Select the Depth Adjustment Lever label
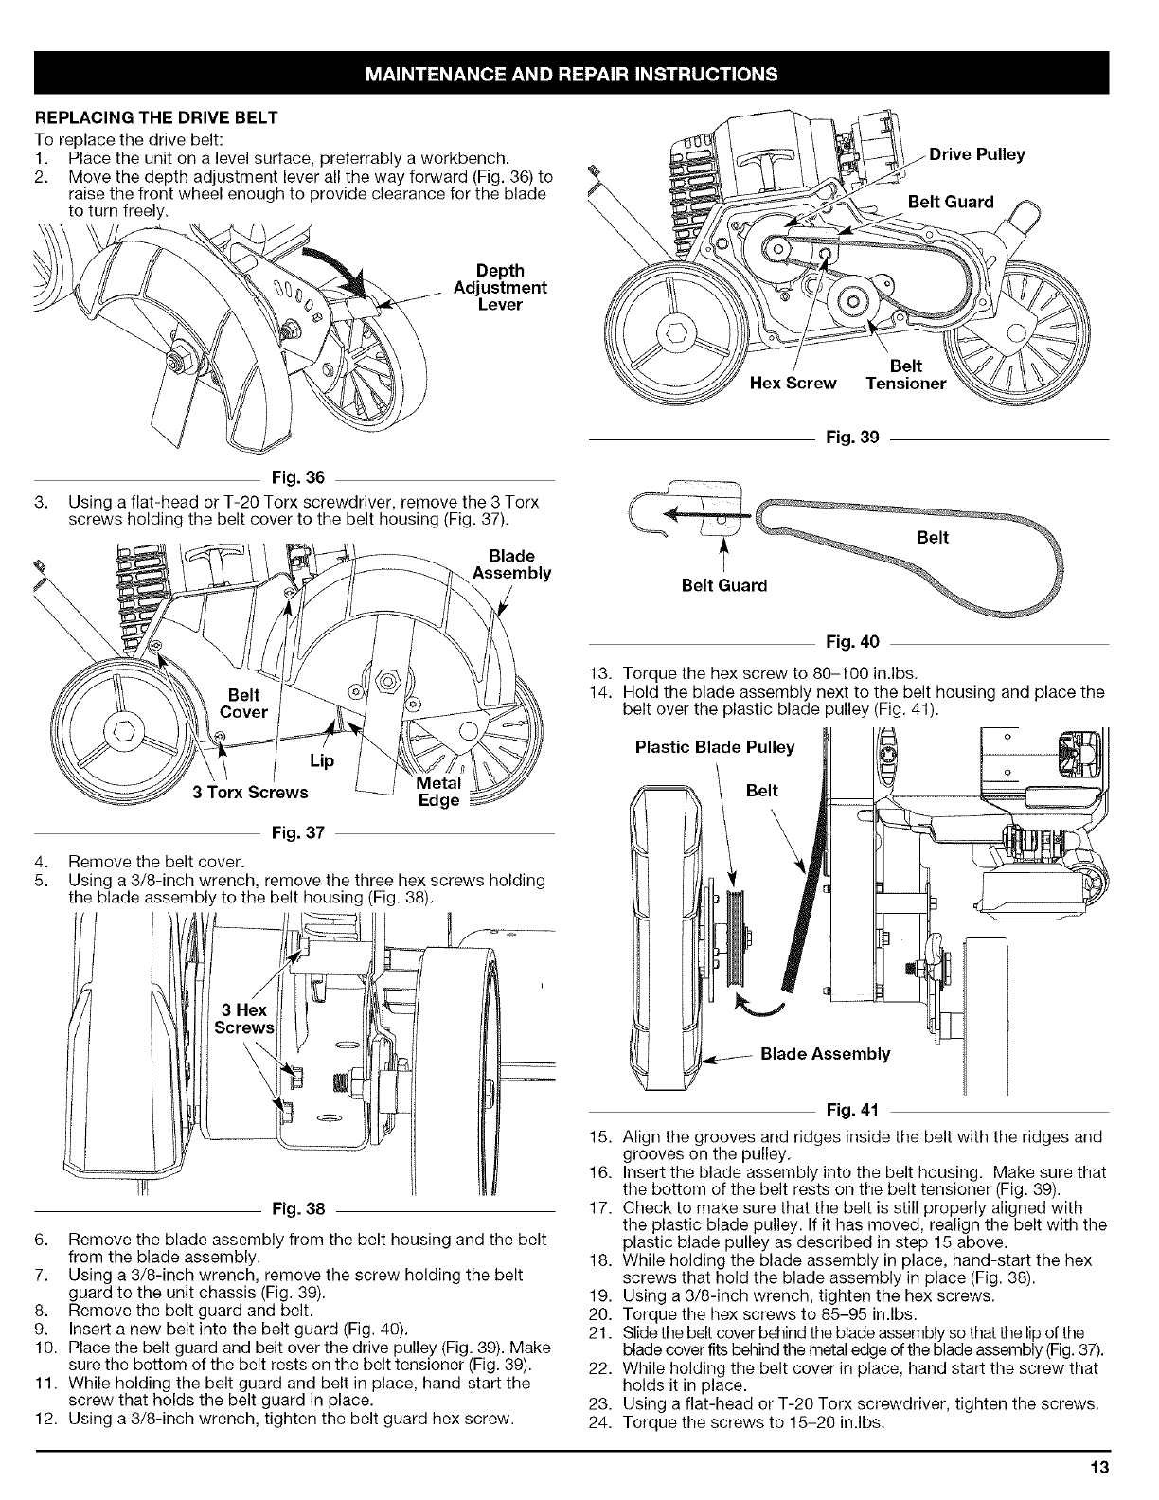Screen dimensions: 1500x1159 [x=500, y=287]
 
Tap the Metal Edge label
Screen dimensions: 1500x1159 [x=438, y=793]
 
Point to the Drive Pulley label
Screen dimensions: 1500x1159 [x=976, y=154]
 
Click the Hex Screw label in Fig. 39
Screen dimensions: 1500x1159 [x=793, y=384]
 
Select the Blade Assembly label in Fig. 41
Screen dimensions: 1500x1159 [x=825, y=1054]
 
